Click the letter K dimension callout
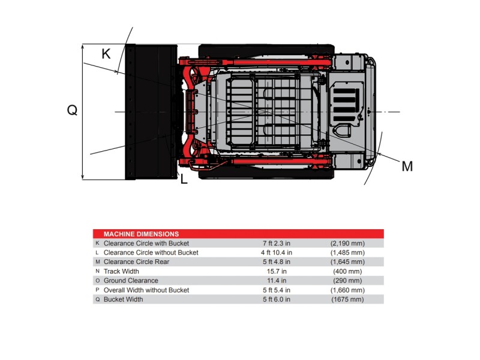click(x=106, y=54)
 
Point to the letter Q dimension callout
click(x=72, y=110)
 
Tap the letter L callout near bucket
click(x=184, y=179)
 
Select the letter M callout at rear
click(x=407, y=167)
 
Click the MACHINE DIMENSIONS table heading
click(x=141, y=234)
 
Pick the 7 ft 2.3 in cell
click(x=277, y=244)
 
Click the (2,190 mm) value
click(x=347, y=244)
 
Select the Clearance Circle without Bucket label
click(x=151, y=253)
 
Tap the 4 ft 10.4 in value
click(x=277, y=253)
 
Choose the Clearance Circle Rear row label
click(x=136, y=262)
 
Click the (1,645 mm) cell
click(x=347, y=262)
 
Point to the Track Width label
click(x=121, y=271)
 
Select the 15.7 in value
click(x=277, y=271)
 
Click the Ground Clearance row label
click(x=131, y=280)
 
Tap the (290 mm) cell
click(x=347, y=280)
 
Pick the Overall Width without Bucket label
click(x=146, y=290)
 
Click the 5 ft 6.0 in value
click(x=277, y=299)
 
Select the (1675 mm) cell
click(x=347, y=299)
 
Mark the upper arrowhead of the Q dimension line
click(x=82, y=46)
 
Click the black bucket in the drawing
click(x=151, y=112)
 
